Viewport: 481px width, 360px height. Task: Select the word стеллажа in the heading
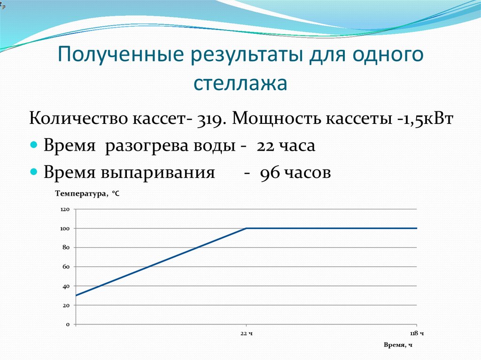240,83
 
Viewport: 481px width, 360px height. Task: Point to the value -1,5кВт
424,119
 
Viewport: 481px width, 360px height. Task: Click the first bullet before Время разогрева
33,146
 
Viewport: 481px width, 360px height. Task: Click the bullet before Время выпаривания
33,173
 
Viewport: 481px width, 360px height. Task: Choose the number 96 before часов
269,173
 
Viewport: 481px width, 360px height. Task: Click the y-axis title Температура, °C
87,193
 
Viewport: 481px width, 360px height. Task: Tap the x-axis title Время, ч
398,345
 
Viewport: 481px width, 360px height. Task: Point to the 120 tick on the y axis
65,209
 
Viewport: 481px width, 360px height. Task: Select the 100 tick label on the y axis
65,229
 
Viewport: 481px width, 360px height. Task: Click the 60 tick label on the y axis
66,267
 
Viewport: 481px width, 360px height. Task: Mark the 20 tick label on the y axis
66,305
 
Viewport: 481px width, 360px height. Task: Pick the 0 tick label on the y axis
68,324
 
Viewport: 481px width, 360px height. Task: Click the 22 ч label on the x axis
247,333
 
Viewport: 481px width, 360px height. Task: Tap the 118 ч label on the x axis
417,333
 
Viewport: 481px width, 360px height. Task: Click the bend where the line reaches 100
247,228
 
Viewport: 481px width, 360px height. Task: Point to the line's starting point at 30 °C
76,296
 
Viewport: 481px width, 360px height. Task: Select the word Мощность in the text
275,119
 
